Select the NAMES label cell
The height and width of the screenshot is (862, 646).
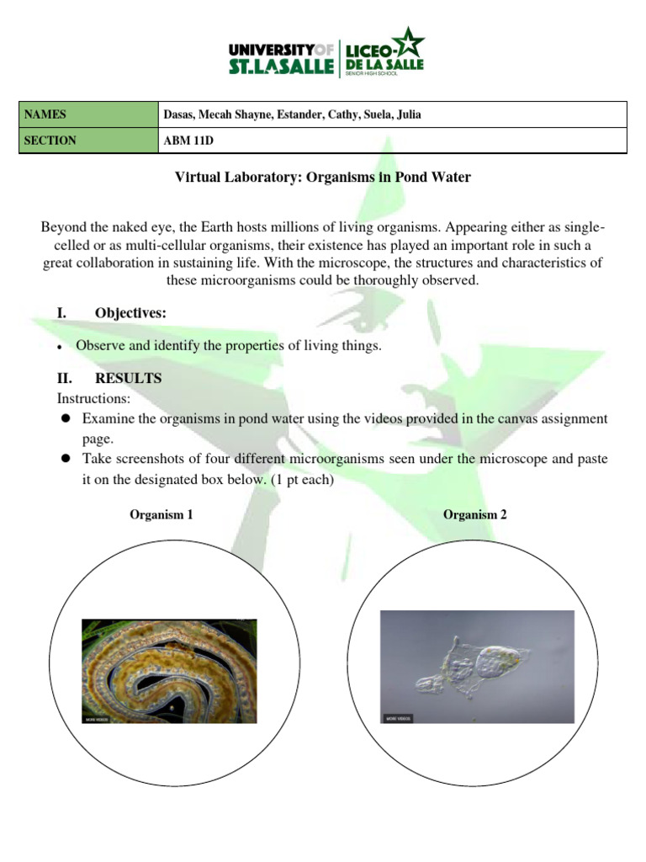87,114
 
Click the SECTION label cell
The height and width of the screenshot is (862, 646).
87,141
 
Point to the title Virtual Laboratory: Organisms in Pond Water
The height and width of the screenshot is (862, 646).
322,178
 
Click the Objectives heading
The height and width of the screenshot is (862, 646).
130,313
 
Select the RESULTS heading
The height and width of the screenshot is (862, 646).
128,379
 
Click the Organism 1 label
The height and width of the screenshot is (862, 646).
161,514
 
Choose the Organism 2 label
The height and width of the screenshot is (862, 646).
475,514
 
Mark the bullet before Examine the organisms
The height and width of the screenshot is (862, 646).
66,419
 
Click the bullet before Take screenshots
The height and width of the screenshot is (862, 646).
66,460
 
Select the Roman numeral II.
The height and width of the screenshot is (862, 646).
62,379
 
